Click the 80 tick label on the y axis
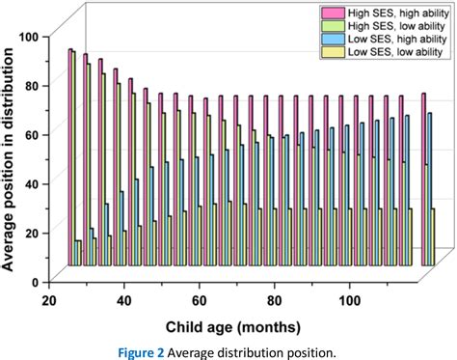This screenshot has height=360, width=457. (x=35, y=85)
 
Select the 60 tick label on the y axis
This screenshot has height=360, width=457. (x=35, y=134)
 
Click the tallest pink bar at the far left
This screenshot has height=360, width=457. (x=70, y=154)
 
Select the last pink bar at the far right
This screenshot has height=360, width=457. (x=423, y=179)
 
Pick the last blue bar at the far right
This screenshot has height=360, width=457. (x=429, y=188)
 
